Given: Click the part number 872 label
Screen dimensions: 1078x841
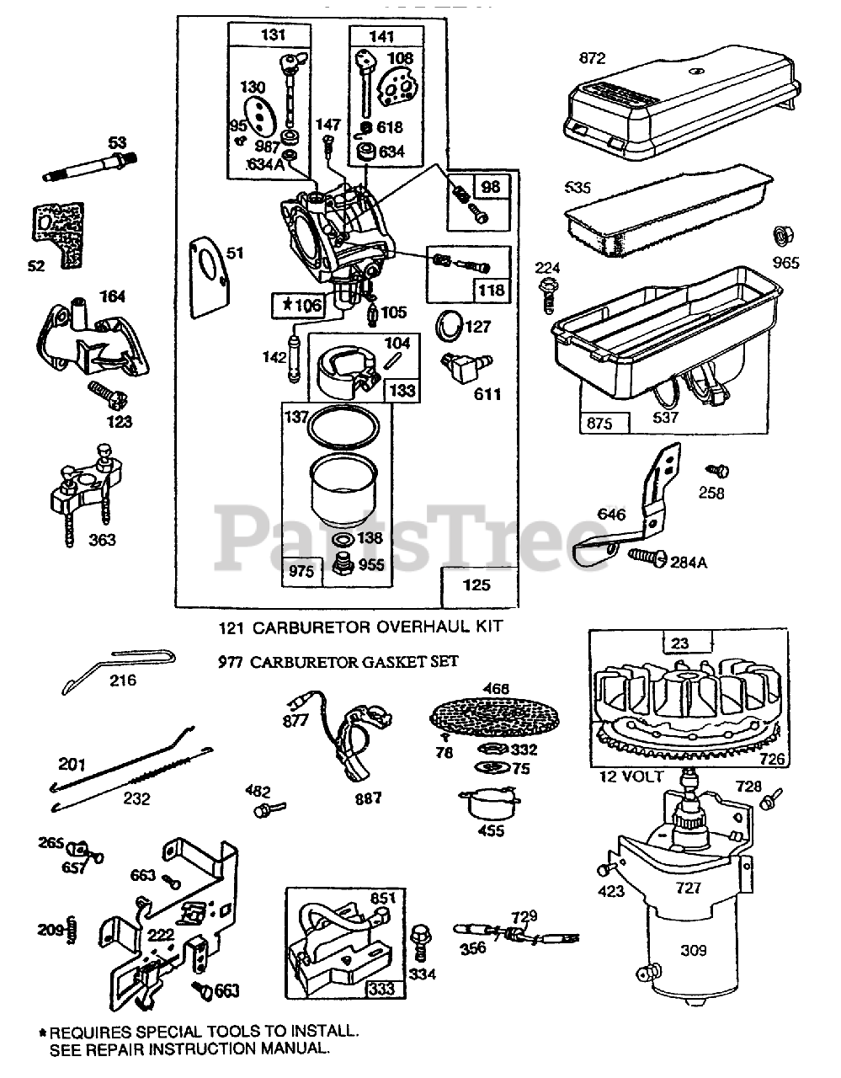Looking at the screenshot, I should pyautogui.click(x=592, y=58).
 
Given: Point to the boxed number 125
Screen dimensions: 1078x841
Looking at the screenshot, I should pyautogui.click(x=476, y=584).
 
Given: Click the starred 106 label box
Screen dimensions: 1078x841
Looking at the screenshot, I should pyautogui.click(x=297, y=304).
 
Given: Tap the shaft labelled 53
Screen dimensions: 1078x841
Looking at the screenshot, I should pyautogui.click(x=89, y=167).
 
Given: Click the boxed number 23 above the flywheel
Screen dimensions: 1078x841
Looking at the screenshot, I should pyautogui.click(x=681, y=643).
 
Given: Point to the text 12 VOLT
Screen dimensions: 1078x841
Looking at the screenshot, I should pyautogui.click(x=633, y=776).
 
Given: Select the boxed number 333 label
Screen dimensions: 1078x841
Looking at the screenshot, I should pyautogui.click(x=381, y=990).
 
